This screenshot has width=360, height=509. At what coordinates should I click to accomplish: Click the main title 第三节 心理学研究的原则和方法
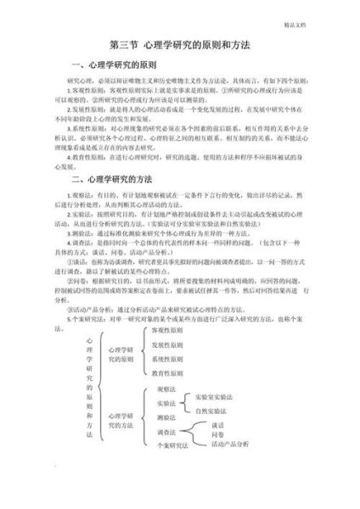pos(179,43)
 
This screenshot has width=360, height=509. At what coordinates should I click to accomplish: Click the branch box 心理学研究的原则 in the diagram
pos(121,354)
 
